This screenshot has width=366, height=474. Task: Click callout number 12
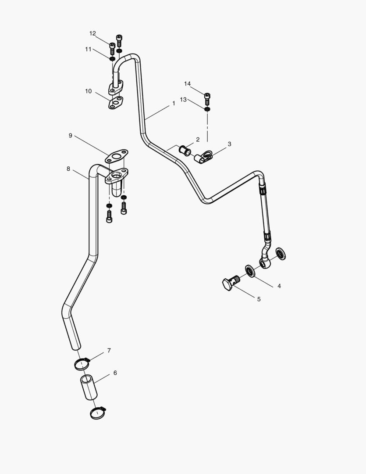(x=92, y=33)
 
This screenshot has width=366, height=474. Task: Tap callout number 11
(x=88, y=49)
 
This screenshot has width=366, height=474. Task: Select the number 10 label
(x=88, y=91)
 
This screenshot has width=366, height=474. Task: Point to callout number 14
(x=187, y=84)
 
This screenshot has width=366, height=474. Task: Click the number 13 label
(x=183, y=100)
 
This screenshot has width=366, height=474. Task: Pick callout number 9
(x=70, y=136)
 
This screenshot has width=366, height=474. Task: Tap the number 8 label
(x=68, y=169)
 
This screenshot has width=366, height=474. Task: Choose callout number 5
(x=259, y=299)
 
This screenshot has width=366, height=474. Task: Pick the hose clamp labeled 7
(x=82, y=363)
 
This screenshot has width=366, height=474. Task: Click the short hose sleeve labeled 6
(x=89, y=387)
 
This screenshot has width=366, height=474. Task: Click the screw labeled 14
(x=207, y=96)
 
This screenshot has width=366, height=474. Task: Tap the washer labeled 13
(x=207, y=108)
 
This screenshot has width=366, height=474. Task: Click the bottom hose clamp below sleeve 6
(x=98, y=412)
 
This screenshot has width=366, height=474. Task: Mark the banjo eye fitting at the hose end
(x=265, y=263)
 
